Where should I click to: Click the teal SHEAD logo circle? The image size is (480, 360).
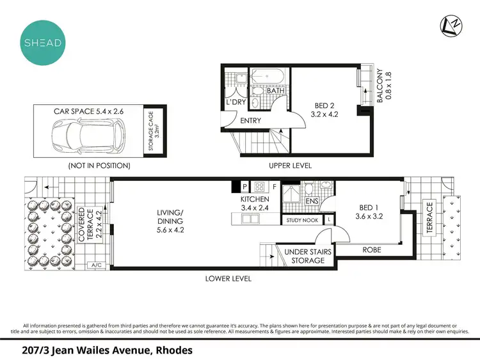pyautogui.click(x=42, y=42)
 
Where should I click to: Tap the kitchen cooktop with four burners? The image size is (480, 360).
pyautogui.click(x=260, y=187)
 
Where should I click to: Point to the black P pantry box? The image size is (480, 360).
pyautogui.click(x=244, y=187)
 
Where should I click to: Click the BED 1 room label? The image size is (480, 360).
pyautogui.click(x=368, y=211)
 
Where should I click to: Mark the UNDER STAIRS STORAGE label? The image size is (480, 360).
pyautogui.click(x=308, y=256)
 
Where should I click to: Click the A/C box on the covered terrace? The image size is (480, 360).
pyautogui.click(x=97, y=264)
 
